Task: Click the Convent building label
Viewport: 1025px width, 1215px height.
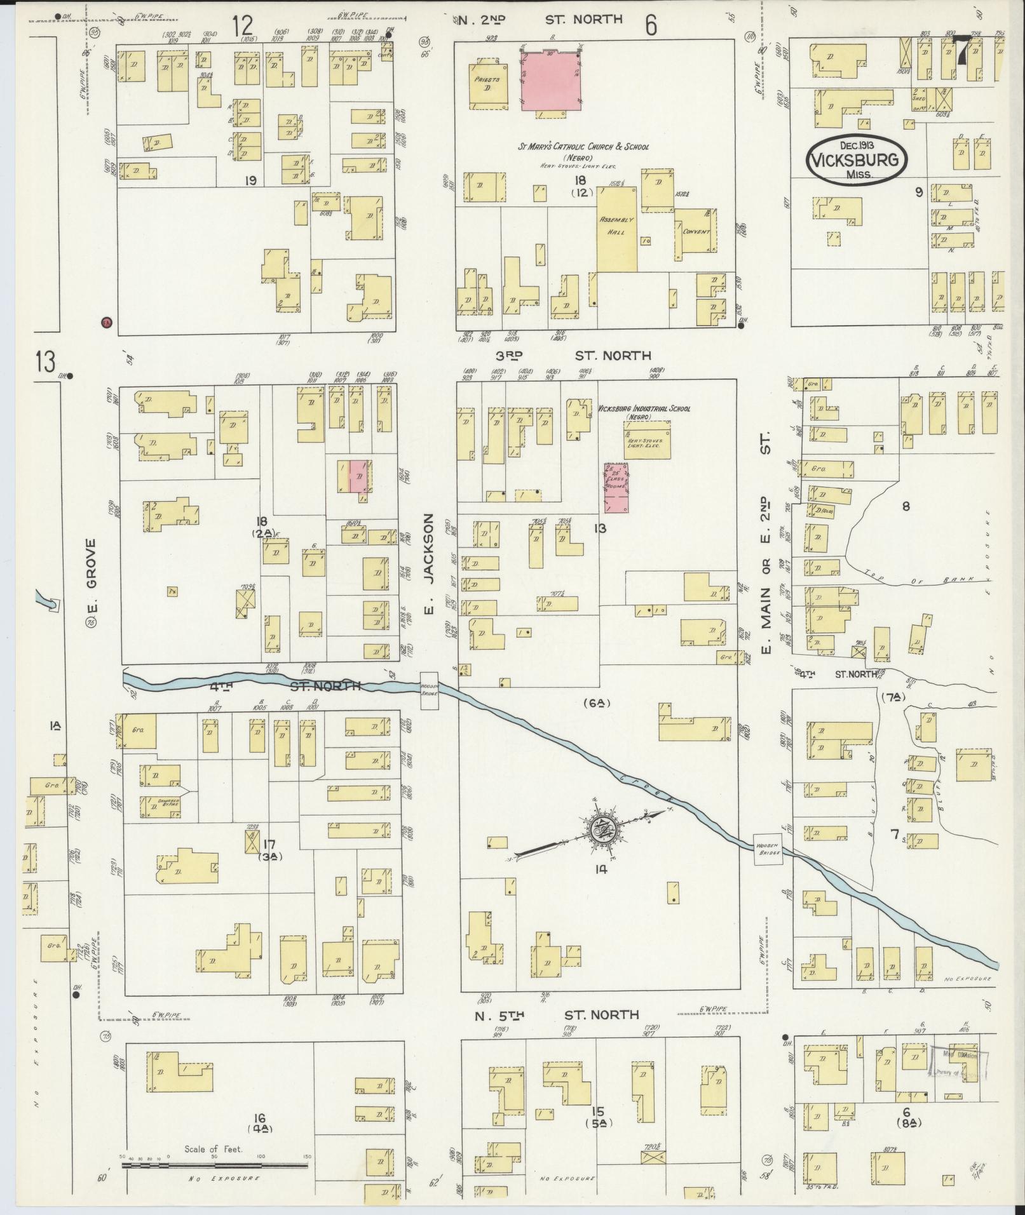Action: click(x=696, y=232)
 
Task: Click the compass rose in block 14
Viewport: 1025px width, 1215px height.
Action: click(x=601, y=829)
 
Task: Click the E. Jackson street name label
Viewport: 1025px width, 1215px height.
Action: click(x=428, y=565)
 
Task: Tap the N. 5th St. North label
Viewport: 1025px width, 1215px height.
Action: click(x=557, y=1015)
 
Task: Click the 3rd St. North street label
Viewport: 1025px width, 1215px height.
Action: click(x=574, y=355)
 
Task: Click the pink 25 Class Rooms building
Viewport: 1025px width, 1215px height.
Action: click(x=615, y=488)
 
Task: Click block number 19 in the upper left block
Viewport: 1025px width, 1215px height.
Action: click(x=250, y=181)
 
